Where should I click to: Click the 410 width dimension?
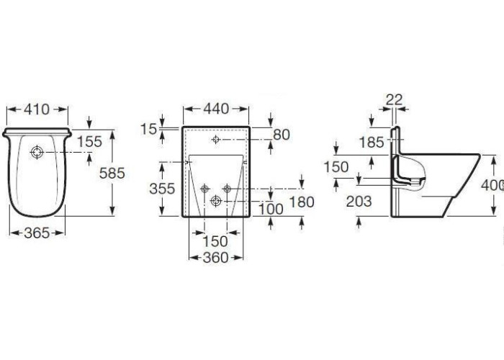coord(37,109)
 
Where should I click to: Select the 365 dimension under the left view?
coord(37,233)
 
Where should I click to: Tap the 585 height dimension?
coord(112,174)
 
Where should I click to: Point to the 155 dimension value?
coord(89,141)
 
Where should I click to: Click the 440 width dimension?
coord(216,109)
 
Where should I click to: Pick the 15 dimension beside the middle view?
coord(148,129)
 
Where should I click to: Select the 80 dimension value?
coord(282,135)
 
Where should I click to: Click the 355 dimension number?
coord(162,189)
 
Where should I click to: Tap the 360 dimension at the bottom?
coord(216,257)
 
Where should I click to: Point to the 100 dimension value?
coord(271,210)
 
